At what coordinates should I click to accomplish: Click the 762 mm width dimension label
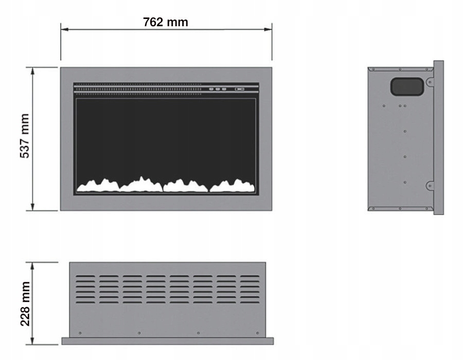(166, 22)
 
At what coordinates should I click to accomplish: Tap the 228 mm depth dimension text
(24, 303)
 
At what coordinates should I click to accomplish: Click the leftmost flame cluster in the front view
(98, 185)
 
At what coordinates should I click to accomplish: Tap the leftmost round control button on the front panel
(211, 89)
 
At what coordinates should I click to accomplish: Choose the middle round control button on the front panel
(218, 89)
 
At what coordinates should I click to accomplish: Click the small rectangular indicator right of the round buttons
(239, 89)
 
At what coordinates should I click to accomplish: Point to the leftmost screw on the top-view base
(80, 333)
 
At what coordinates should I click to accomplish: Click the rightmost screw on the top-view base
(257, 333)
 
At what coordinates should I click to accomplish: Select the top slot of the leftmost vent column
(86, 276)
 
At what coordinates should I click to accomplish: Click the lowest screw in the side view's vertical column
(405, 183)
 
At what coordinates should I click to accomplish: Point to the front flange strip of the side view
(438, 137)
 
